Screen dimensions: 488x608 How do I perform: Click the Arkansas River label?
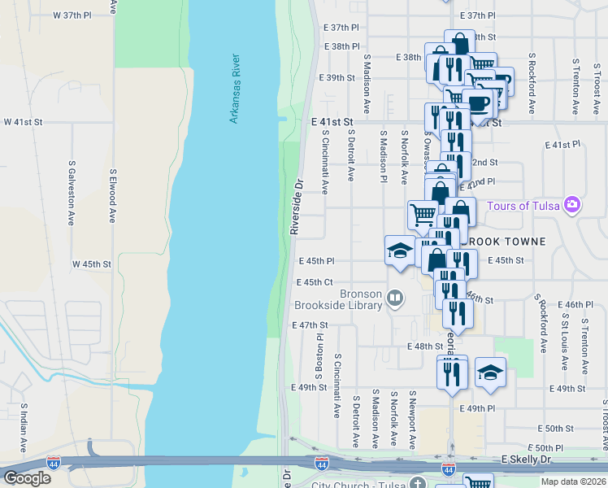(x=234, y=89)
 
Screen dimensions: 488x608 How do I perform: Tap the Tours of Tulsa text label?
(x=524, y=205)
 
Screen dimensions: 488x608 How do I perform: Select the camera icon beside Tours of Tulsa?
(x=573, y=203)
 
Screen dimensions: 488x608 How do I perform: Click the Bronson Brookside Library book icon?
(x=395, y=298)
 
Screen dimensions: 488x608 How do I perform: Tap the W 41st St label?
(x=23, y=122)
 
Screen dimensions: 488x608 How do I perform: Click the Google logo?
(x=27, y=478)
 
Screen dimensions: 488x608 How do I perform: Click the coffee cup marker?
(x=480, y=102)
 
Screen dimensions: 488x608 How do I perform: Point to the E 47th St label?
(x=309, y=325)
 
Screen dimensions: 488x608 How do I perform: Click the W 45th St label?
(x=91, y=264)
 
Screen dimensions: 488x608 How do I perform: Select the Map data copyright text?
(x=572, y=481)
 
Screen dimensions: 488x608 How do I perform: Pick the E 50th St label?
(x=560, y=429)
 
